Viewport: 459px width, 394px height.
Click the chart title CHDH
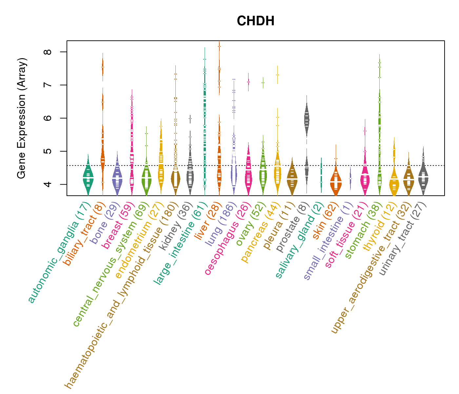(255, 21)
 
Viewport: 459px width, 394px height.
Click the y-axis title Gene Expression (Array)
(22, 118)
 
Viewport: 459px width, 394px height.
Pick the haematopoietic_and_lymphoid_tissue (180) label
(121, 295)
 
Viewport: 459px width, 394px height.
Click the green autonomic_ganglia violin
(88, 177)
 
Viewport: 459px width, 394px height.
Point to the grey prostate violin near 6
(307, 120)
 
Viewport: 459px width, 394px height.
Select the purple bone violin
(117, 178)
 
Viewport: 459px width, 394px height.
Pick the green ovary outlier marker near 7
(263, 83)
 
